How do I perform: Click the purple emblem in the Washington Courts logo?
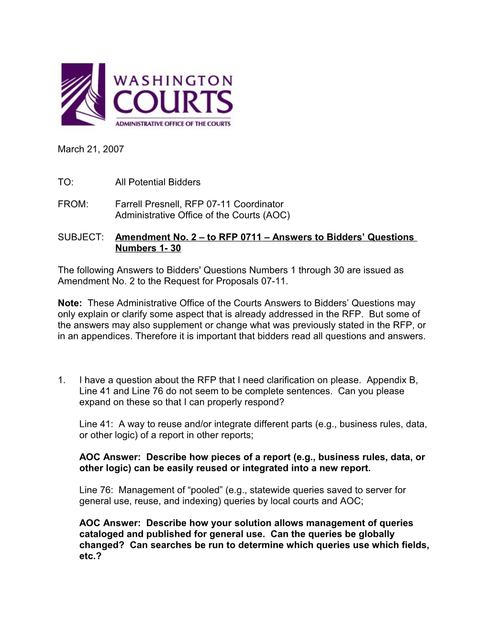tap(83, 94)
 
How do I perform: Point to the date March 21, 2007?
tap(91, 149)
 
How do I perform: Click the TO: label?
tap(66, 182)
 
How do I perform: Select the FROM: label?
tap(73, 204)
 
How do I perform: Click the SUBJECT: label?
tap(81, 237)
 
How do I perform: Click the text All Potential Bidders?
tap(158, 182)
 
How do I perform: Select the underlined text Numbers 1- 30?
tap(148, 248)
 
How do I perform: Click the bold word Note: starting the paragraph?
tap(70, 303)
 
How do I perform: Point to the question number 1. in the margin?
tap(62, 380)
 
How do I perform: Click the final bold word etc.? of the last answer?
tap(90, 556)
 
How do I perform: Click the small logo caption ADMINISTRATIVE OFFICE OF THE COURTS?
tap(173, 123)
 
